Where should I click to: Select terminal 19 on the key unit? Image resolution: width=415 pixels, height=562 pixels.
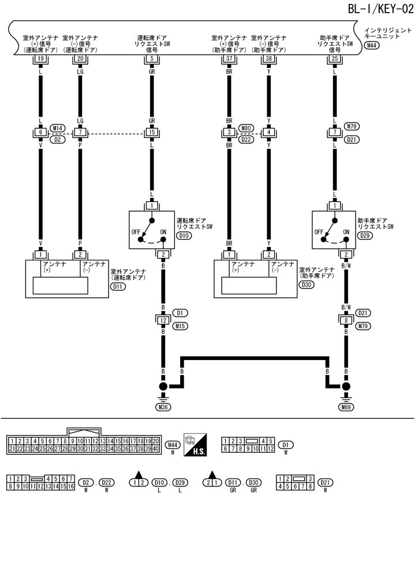pos(40,58)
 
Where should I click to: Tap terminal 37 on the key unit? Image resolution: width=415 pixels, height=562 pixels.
pos(229,58)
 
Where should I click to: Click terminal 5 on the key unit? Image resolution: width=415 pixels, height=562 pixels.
pos(151,58)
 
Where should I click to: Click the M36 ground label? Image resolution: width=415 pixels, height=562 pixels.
pos(164,407)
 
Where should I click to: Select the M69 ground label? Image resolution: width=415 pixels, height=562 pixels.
pos(346,407)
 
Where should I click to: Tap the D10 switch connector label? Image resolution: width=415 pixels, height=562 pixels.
pos(185,235)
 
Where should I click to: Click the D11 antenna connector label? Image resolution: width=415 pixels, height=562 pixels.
pos(119,285)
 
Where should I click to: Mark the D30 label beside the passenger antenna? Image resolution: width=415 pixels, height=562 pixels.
pos(308,285)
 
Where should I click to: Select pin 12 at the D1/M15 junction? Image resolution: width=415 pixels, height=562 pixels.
pos(164,321)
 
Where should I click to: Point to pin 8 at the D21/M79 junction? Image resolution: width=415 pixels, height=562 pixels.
pos(346,321)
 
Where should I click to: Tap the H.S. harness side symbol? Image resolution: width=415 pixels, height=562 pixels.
pos(195,445)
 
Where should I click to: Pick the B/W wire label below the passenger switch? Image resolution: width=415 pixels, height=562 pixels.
pos(346,267)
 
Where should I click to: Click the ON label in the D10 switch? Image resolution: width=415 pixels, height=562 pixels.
pos(163,232)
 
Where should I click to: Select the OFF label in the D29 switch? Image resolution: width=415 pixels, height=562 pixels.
pos(319,232)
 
